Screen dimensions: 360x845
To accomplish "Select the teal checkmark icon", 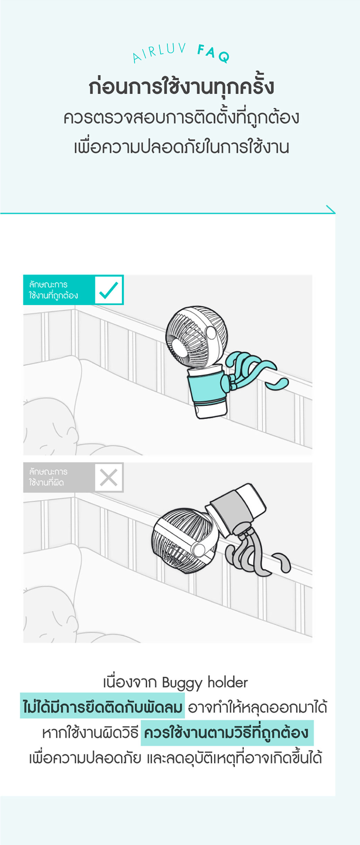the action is point(109,290).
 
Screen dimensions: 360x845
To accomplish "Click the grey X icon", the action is point(109,478).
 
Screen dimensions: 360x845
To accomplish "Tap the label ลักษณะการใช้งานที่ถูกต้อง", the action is point(53,290).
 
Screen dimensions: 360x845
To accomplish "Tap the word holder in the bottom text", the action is point(228,682).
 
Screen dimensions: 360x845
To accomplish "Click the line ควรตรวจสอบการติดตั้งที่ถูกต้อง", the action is point(181,117).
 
